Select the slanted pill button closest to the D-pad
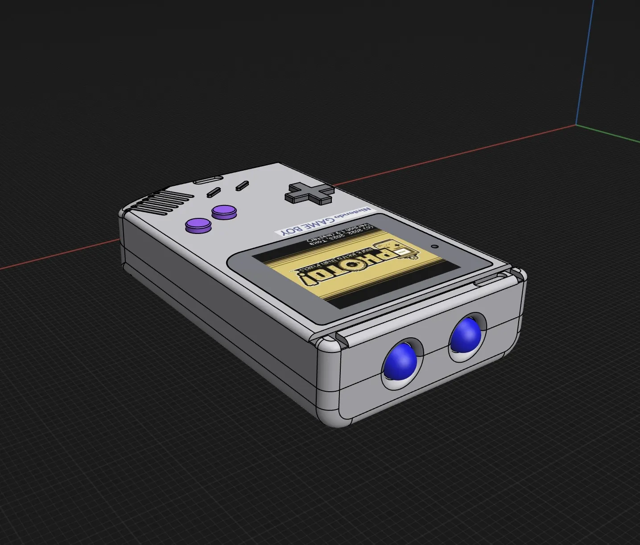click(x=241, y=185)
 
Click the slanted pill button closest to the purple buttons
click(x=214, y=193)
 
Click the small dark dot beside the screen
click(x=434, y=246)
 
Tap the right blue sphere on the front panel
click(x=465, y=335)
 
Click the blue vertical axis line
click(x=585, y=62)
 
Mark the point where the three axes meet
click(x=576, y=125)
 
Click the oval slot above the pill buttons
click(x=207, y=180)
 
